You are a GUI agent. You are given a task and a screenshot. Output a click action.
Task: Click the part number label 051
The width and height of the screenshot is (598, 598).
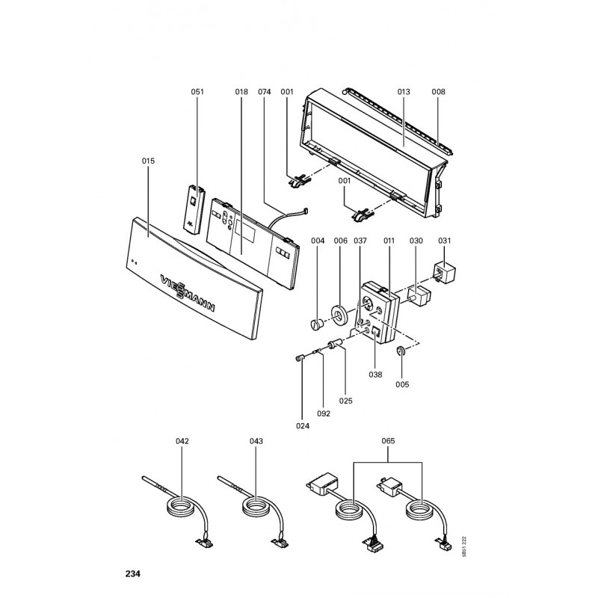coord(197,91)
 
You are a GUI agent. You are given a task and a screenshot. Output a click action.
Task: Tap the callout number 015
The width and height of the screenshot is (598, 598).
coord(148,161)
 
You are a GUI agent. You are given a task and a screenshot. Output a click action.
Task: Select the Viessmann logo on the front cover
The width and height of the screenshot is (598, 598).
coord(188,292)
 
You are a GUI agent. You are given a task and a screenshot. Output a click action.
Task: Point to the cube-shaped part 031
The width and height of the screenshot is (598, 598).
coord(444,272)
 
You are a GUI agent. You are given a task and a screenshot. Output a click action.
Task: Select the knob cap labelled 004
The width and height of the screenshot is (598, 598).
coord(316,325)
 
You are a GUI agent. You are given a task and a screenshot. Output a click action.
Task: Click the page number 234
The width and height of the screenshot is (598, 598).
coord(133,573)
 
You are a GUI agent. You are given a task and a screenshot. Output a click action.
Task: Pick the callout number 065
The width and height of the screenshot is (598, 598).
coord(388,441)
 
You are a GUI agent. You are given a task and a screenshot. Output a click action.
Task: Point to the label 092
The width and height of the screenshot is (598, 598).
coord(324,413)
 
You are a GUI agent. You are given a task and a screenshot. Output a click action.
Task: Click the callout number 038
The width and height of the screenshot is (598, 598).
coord(375,374)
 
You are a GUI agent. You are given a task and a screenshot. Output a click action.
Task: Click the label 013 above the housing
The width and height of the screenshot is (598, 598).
coord(404,91)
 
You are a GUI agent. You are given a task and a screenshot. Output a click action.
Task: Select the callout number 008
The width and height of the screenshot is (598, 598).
coord(438,91)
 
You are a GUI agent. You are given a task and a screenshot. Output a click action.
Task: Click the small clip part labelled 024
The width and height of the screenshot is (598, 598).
coord(299,358)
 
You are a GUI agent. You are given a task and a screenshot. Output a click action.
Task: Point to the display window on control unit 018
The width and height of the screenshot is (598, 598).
coord(245,230)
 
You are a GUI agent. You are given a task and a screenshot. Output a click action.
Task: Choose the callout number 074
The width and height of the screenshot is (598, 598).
coord(265,91)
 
